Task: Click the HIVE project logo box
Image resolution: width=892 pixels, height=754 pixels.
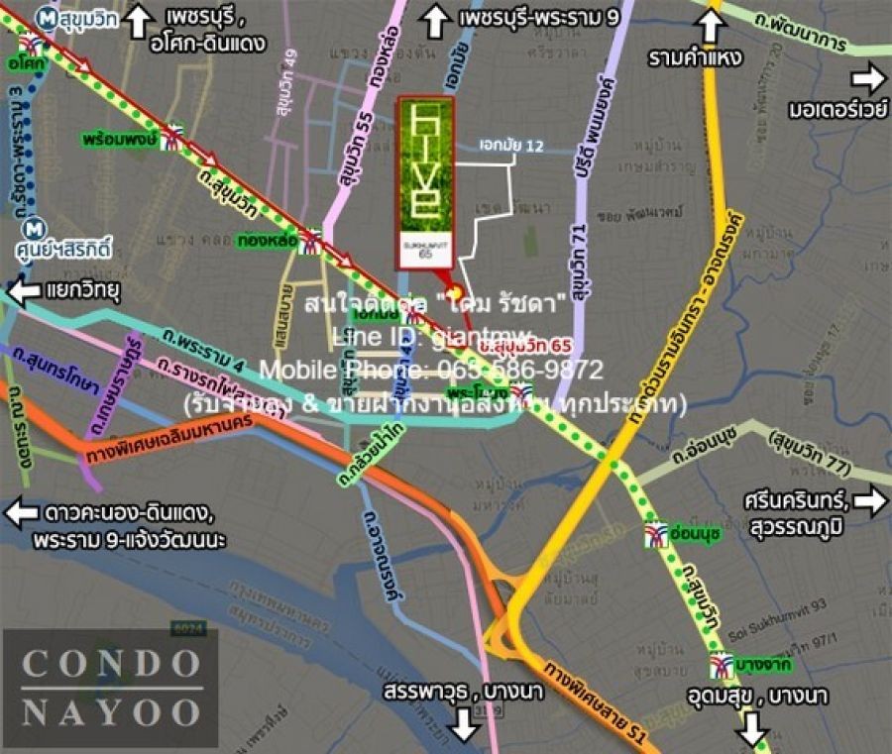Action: tap(426, 183)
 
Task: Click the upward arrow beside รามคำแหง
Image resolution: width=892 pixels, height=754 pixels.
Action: tap(710, 24)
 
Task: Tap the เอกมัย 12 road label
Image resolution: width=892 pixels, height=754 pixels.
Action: tap(511, 146)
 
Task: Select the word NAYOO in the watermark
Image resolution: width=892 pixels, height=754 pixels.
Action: tap(111, 711)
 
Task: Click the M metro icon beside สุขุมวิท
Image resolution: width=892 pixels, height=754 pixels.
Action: tap(44, 17)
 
